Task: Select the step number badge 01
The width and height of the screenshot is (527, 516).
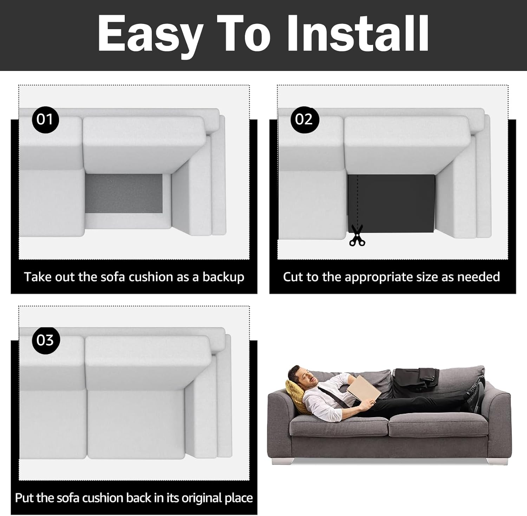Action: point(45,119)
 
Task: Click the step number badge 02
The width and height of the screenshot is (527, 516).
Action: point(304,119)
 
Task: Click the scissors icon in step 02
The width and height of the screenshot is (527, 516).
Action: point(357,235)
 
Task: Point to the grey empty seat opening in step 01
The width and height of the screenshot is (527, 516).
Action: point(124,193)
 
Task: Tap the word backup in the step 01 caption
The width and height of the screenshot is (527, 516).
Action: point(223,277)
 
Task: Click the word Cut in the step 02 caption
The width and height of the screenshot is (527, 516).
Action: point(293,277)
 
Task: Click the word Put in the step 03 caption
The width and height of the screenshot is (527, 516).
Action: point(24,498)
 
